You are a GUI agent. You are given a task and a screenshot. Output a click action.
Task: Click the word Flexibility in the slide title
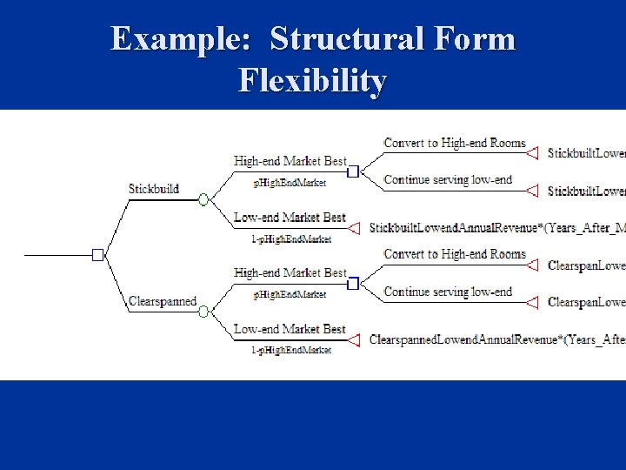point(312,81)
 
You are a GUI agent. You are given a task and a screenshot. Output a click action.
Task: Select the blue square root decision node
point(98,254)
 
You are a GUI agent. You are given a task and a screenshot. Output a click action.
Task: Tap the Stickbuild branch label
point(154,188)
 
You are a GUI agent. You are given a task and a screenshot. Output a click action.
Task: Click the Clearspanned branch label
point(163,301)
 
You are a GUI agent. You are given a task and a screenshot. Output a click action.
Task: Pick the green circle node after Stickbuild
point(203,199)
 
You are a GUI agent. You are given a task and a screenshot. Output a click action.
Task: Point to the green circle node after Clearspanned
point(203,312)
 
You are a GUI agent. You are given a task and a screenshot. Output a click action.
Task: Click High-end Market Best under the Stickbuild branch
point(290,161)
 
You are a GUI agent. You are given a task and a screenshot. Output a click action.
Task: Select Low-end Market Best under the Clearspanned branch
point(290,329)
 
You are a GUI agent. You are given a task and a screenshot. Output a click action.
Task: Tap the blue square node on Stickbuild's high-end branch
point(353,172)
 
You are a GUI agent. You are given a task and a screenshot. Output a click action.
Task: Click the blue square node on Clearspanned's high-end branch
point(353,284)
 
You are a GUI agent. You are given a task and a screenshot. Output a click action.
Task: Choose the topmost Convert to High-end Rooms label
point(455,143)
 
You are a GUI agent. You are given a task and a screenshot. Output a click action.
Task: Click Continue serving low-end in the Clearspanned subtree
point(448,292)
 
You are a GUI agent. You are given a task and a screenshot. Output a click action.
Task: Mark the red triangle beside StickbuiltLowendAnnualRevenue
point(355,228)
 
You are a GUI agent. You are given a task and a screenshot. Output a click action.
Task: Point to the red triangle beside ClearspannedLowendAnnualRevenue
point(355,339)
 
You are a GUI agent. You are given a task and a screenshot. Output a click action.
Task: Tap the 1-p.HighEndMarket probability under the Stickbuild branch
point(291,239)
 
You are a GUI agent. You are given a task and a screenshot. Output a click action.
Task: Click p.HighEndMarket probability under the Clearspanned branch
point(290,295)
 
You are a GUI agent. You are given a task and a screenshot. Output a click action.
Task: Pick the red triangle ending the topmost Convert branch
point(532,153)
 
